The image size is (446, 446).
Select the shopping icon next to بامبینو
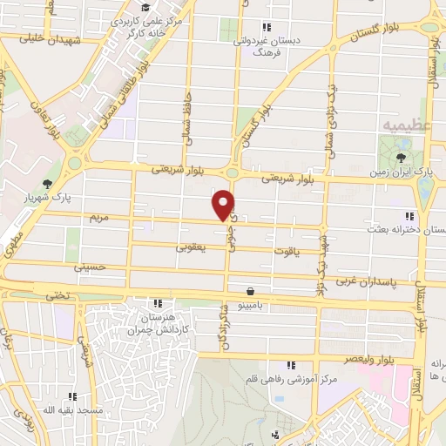tap(252, 292)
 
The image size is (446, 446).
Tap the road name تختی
tap(60, 296)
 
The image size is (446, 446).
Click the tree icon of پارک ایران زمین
tap(401, 158)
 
